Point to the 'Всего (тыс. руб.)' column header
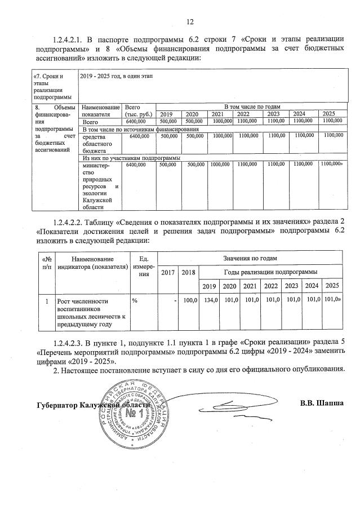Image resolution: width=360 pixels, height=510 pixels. [x=136, y=110]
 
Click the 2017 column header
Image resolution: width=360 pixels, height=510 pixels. [x=167, y=272]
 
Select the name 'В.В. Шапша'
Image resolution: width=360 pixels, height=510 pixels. [x=322, y=403]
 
